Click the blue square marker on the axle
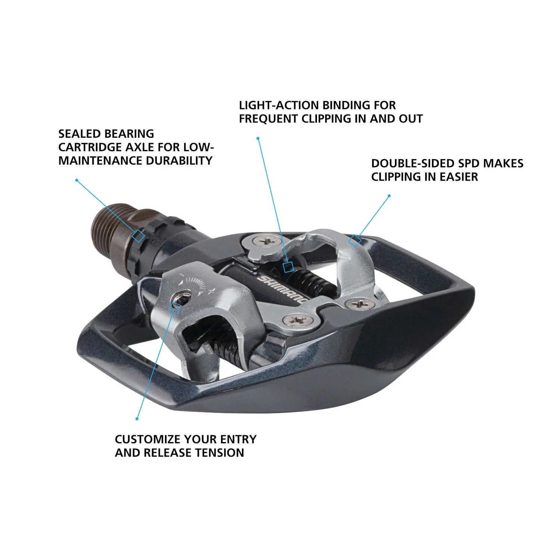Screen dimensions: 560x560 [x=139, y=236]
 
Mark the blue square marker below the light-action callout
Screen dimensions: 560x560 [x=288, y=267]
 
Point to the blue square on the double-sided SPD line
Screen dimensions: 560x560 [x=355, y=241]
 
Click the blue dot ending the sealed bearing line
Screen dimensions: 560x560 [x=77, y=180]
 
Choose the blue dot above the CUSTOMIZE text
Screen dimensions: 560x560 [x=137, y=419]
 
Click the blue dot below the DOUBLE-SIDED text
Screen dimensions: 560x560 [x=389, y=196]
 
